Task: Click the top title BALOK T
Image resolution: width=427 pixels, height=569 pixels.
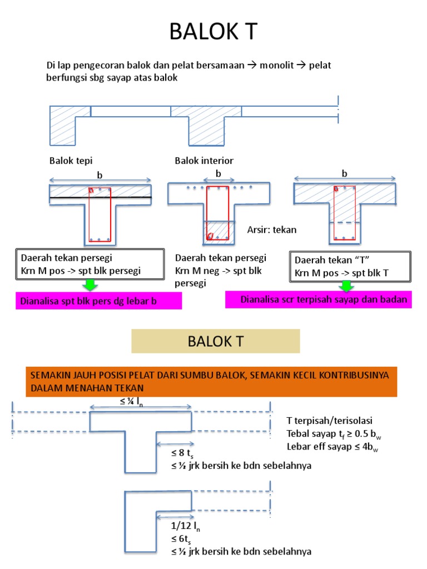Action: [213, 32]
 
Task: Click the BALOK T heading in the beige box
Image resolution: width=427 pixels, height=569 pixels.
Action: [215, 341]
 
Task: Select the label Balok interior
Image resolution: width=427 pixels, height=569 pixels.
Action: [204, 161]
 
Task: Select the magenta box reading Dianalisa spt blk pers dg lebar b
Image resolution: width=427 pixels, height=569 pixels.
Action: [98, 302]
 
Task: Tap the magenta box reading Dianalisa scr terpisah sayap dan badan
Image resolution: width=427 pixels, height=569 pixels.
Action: [324, 300]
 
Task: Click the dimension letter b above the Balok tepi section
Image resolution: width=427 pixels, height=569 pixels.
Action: [100, 175]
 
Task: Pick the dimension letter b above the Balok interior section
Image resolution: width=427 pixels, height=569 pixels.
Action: [219, 174]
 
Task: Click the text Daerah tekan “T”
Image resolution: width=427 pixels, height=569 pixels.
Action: [332, 260]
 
